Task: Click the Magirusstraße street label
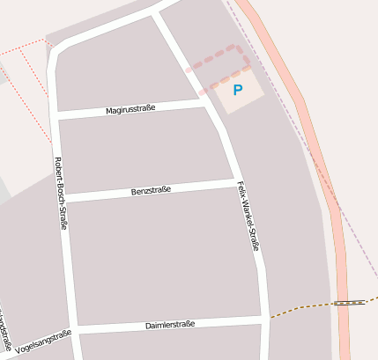[x=130, y=109]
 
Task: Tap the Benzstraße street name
[x=151, y=190]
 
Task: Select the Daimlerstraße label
[x=169, y=325]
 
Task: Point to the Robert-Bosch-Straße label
[x=61, y=193]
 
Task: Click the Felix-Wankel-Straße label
[x=248, y=217]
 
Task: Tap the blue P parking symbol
[x=237, y=90]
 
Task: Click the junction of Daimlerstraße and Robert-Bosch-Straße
[x=74, y=329]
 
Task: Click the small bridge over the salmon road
[x=350, y=303]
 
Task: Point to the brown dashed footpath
[x=300, y=308]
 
